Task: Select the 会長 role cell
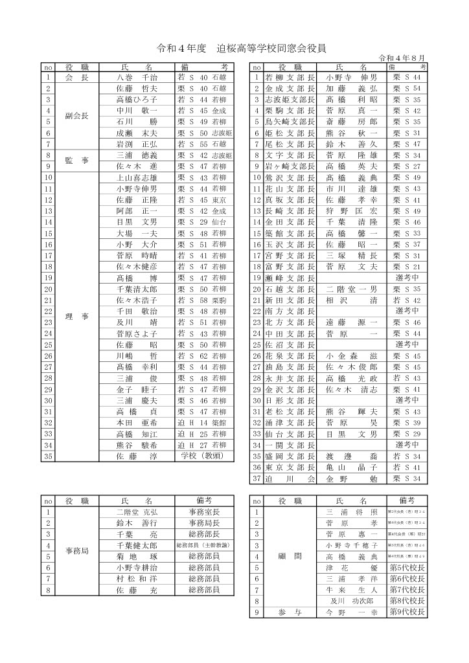tap(77, 78)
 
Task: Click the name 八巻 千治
tap(136, 78)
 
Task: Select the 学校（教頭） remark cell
tap(201, 455)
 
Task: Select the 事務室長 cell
tap(203, 511)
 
